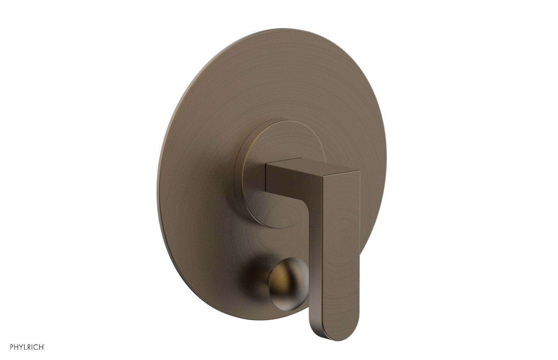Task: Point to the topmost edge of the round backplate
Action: pyautogui.click(x=279, y=29)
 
